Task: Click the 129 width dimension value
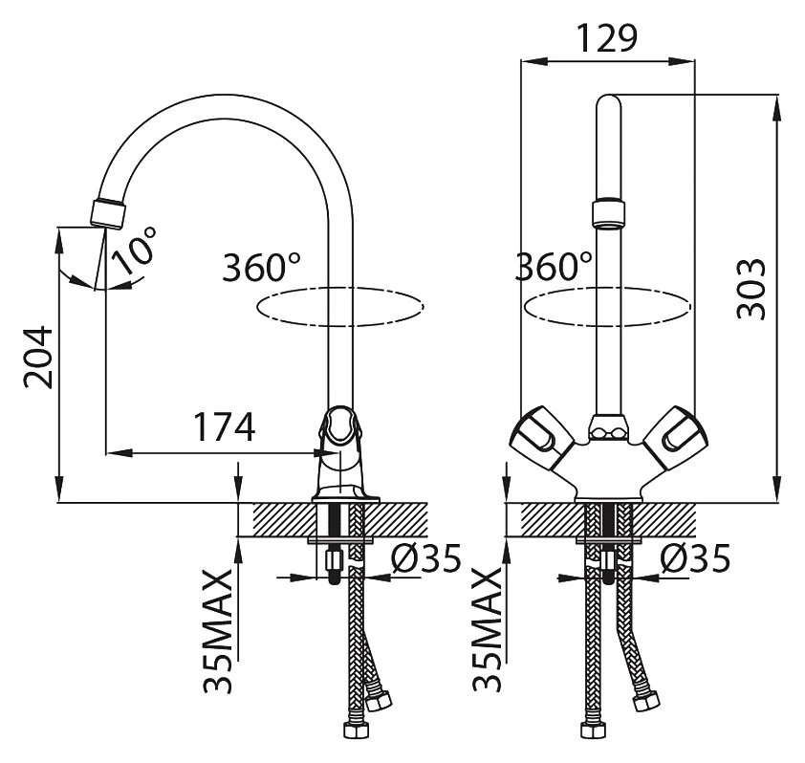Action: pos(607,38)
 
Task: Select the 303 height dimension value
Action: pos(751,289)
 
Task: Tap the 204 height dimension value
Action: pos(38,357)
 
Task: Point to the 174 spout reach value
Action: pos(225,426)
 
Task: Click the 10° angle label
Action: pos(134,250)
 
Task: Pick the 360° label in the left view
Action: pos(261,267)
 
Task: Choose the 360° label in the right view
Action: pos(554,266)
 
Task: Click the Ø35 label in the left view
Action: pos(426,558)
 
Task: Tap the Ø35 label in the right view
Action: pos(695,558)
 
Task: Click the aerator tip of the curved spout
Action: pos(108,212)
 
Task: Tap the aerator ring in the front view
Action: pos(608,213)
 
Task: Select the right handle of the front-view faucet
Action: pos(676,438)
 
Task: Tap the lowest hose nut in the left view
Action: pos(355,730)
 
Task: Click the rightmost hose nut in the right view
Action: pos(646,702)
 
